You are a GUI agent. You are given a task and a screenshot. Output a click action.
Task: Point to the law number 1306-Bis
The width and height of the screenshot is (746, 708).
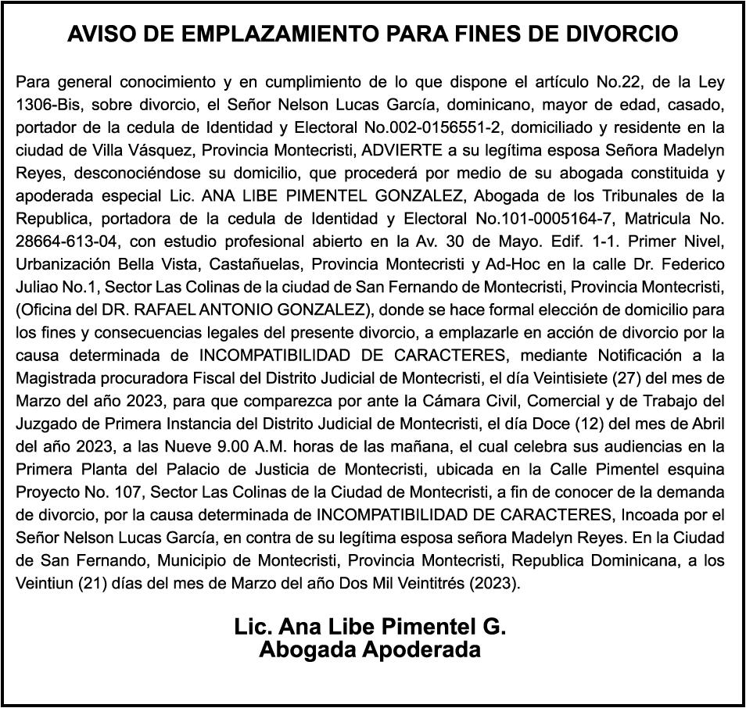point(48,105)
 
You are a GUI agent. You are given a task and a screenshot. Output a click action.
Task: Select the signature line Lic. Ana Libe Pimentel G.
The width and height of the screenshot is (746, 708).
point(370,627)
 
